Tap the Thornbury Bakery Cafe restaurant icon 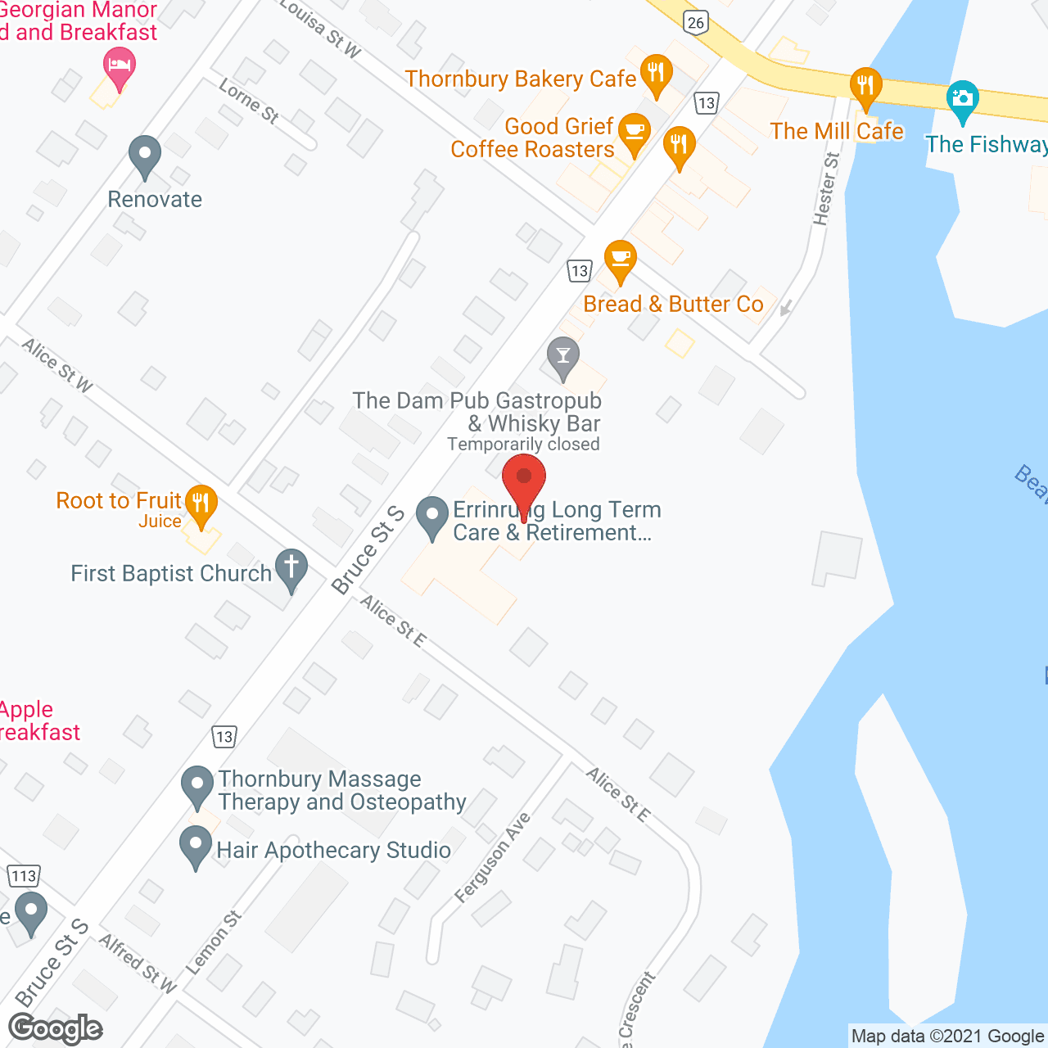[655, 75]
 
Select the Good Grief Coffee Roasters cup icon [634, 132]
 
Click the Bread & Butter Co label [673, 305]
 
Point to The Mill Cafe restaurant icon [865, 86]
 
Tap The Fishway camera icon [962, 100]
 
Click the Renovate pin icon [145, 156]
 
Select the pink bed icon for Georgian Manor [120, 66]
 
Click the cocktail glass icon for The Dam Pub [562, 357]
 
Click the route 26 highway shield [696, 22]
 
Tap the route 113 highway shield [24, 876]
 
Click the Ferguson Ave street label [493, 857]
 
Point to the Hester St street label [826, 189]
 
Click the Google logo [56, 1028]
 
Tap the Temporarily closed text [523, 445]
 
